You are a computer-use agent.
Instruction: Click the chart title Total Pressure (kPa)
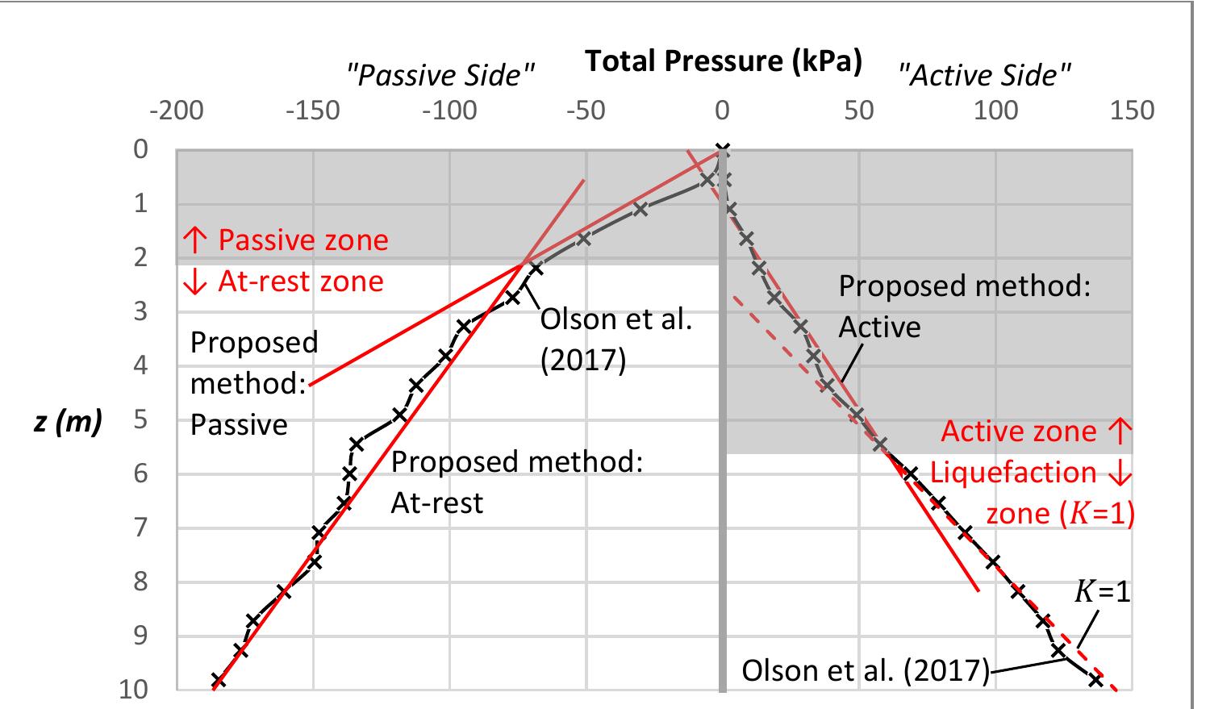[x=722, y=61]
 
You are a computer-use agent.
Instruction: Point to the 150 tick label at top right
[x=1132, y=111]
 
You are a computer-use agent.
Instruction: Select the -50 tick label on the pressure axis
[x=586, y=111]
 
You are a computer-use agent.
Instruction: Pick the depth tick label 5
[x=140, y=419]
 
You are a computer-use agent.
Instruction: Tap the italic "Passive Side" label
[x=440, y=76]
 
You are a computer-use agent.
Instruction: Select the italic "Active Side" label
[x=985, y=76]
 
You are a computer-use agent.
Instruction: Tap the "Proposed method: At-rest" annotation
[x=516, y=482]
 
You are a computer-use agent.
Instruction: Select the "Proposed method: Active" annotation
[x=964, y=307]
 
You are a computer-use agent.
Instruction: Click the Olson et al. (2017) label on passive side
[x=615, y=340]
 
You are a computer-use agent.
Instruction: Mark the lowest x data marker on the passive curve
[x=217, y=681]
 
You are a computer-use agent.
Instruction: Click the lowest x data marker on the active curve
[x=1095, y=680]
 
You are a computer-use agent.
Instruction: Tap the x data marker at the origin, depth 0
[x=723, y=150]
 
